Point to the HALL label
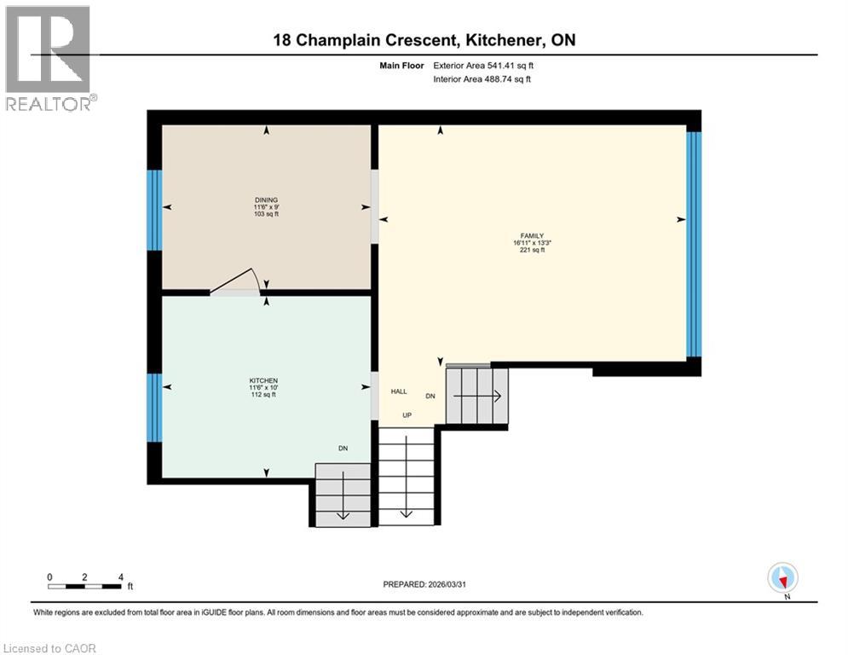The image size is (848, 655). click(x=399, y=391)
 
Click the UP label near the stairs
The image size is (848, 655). click(x=407, y=416)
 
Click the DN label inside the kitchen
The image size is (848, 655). click(x=343, y=448)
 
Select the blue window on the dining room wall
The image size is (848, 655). click(x=154, y=210)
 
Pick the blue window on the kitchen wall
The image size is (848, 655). click(x=154, y=408)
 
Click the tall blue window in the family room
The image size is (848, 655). click(x=694, y=244)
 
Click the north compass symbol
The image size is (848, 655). click(x=782, y=578)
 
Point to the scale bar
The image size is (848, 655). click(x=85, y=586)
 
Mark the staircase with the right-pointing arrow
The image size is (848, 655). click(x=477, y=396)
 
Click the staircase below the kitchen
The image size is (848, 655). click(x=343, y=496)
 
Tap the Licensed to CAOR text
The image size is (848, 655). click(x=51, y=648)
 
